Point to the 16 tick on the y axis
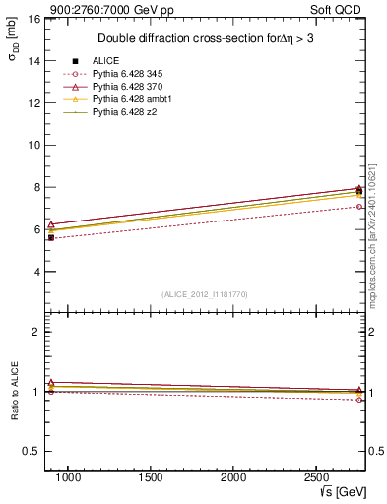(x=32, y=19)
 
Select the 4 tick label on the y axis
(x=34, y=272)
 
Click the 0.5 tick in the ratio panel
(x=31, y=452)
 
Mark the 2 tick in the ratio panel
(x=34, y=332)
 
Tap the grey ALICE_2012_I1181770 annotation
(x=205, y=293)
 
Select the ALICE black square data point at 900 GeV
(x=51, y=237)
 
